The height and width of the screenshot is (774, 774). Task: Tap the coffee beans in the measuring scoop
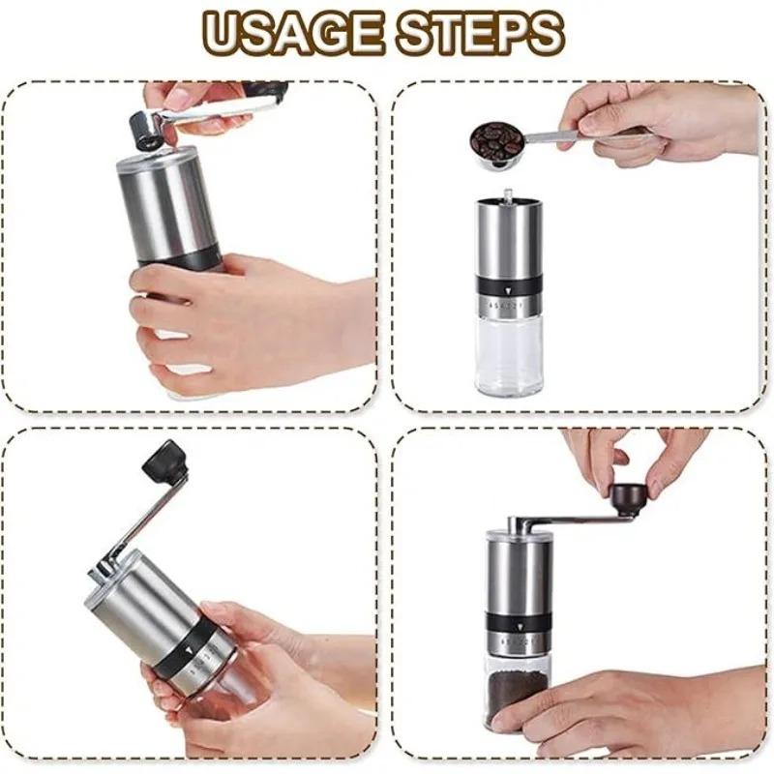tap(495, 139)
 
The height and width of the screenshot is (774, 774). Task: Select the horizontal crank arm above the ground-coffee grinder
tap(566, 522)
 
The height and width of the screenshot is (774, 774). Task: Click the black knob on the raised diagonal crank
tap(164, 462)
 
